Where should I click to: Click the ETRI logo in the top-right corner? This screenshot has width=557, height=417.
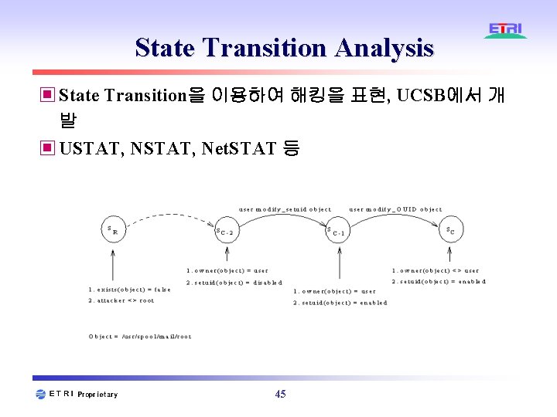click(x=506, y=31)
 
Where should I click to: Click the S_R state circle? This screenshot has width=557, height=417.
click(x=114, y=229)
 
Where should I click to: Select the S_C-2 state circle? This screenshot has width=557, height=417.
click(x=225, y=229)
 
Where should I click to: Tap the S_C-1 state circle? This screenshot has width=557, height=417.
click(x=339, y=230)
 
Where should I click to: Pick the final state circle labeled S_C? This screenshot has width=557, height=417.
click(x=450, y=229)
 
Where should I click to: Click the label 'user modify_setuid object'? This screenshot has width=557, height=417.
click(x=285, y=209)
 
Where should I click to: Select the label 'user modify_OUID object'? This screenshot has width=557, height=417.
click(x=396, y=209)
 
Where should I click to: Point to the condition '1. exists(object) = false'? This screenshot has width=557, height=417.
click(x=129, y=290)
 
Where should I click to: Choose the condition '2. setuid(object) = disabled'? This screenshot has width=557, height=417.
click(x=234, y=283)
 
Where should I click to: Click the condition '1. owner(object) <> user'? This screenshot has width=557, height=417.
click(x=436, y=271)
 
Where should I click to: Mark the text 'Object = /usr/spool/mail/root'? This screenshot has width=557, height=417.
click(x=140, y=337)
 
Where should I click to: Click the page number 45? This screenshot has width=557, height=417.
click(x=280, y=395)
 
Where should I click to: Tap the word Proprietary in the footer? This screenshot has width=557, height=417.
click(x=98, y=395)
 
